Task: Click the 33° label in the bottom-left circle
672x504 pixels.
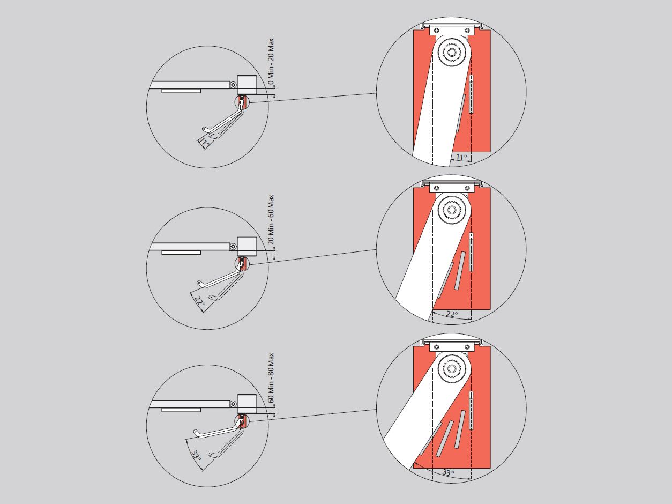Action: click(196, 455)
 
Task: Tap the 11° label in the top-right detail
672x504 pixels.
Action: click(461, 158)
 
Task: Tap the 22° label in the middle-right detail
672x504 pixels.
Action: click(452, 314)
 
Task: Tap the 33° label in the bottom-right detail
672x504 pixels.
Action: click(448, 472)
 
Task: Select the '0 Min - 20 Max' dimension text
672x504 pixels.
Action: click(271, 61)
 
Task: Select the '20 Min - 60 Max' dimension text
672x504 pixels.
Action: click(271, 219)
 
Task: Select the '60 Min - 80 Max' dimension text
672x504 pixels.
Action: click(271, 378)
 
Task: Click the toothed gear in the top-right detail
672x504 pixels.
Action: click(451, 53)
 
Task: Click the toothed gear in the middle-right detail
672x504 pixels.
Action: click(451, 210)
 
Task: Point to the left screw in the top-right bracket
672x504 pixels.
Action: click(437, 31)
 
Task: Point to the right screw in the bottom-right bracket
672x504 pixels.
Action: click(467, 347)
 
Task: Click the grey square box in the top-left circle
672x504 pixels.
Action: click(247, 85)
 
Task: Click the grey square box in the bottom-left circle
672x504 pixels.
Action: click(247, 404)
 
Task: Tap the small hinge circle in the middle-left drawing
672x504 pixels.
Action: click(233, 246)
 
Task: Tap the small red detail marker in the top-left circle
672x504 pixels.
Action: click(242, 102)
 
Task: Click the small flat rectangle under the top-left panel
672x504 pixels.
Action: click(181, 91)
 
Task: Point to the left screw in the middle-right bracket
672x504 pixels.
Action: click(437, 188)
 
